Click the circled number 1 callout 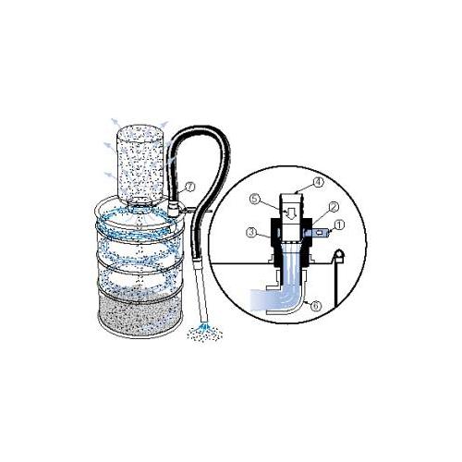click(x=339, y=225)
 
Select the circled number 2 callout click(x=334, y=207)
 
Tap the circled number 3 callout click(x=252, y=233)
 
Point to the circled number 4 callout click(x=319, y=182)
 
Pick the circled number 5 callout click(x=255, y=200)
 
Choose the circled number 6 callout click(x=316, y=306)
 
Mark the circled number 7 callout click(x=190, y=187)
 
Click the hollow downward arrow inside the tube click(x=290, y=213)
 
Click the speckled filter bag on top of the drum click(x=140, y=164)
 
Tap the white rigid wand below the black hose click(x=200, y=293)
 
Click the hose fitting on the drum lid click(x=173, y=208)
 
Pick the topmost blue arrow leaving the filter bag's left click(x=115, y=122)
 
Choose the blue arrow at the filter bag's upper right click(x=164, y=125)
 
